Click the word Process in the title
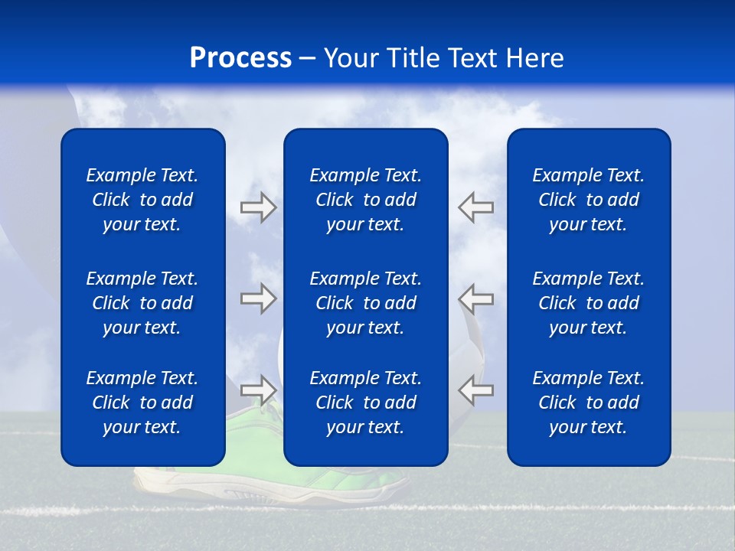240,58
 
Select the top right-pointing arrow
258,207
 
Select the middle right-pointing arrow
258,298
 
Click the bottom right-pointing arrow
258,390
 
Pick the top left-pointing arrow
476,207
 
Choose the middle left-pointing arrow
476,298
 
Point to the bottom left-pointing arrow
476,390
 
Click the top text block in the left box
142,200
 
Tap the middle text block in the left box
142,303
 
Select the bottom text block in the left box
142,403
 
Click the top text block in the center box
366,200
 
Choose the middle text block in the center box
366,303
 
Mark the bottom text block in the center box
366,403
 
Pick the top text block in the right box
589,200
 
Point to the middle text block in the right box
589,303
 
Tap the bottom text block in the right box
589,403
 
